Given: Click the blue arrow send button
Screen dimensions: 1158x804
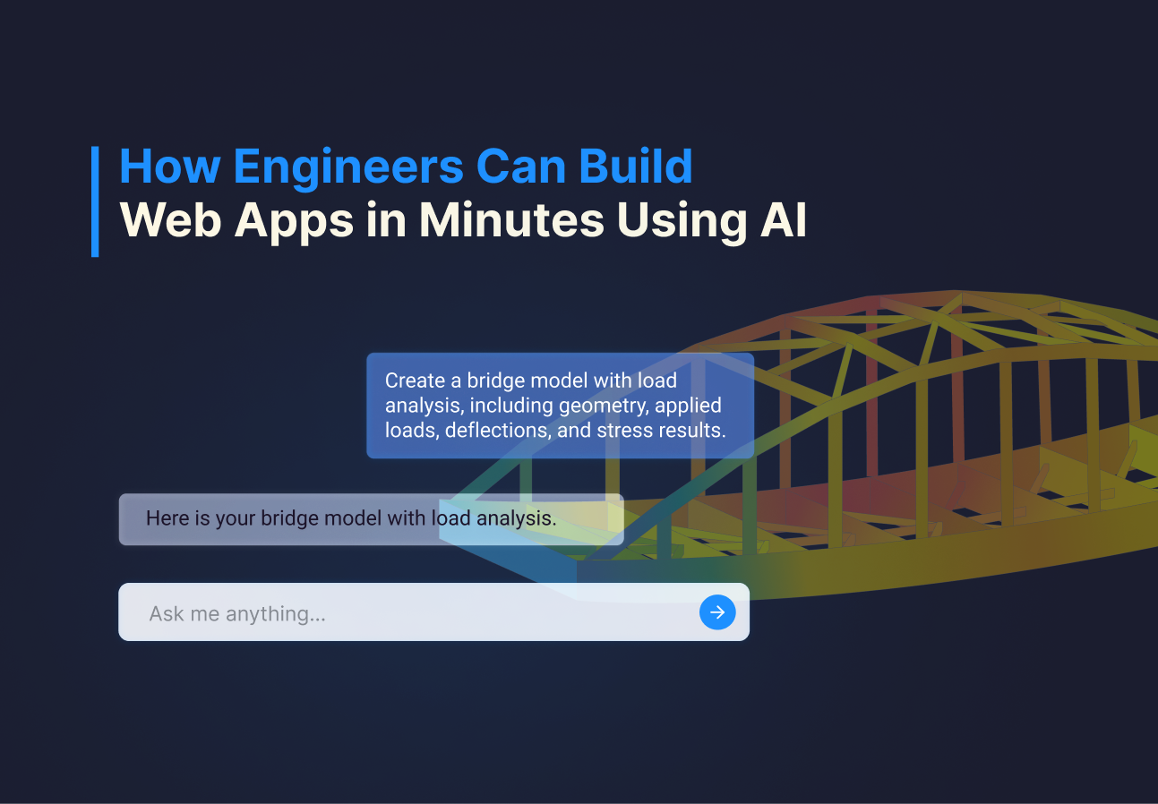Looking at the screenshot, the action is [x=717, y=612].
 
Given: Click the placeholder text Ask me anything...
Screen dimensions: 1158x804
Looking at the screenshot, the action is [x=237, y=614].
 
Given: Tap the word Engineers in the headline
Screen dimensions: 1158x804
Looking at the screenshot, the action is [x=348, y=167].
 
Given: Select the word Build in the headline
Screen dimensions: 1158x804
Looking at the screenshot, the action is [x=635, y=167].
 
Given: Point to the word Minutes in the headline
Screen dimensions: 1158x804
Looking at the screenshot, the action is [x=511, y=220].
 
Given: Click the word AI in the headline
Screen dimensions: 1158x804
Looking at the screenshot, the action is [x=784, y=220].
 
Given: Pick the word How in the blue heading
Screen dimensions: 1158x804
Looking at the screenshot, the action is [x=170, y=167].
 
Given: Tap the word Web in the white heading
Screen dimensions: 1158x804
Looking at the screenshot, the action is [x=171, y=220].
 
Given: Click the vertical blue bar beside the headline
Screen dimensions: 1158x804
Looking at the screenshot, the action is [x=95, y=201].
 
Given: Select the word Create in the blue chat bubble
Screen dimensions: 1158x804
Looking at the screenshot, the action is [x=416, y=381].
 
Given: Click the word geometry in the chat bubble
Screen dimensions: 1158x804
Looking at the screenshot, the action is [x=604, y=406].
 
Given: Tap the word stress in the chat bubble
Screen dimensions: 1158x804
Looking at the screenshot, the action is [x=625, y=431].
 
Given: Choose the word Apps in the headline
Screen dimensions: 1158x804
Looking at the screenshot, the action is [x=294, y=221].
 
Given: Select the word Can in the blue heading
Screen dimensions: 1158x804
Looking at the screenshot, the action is [x=521, y=167].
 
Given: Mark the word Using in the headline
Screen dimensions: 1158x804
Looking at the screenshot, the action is [x=682, y=221].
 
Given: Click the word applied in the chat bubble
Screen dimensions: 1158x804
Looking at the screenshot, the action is [x=688, y=406].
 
